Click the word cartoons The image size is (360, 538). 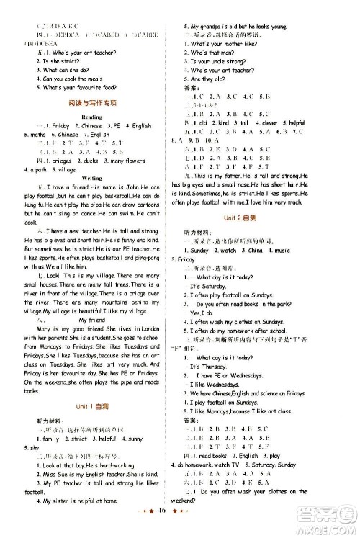tap(150, 205)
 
